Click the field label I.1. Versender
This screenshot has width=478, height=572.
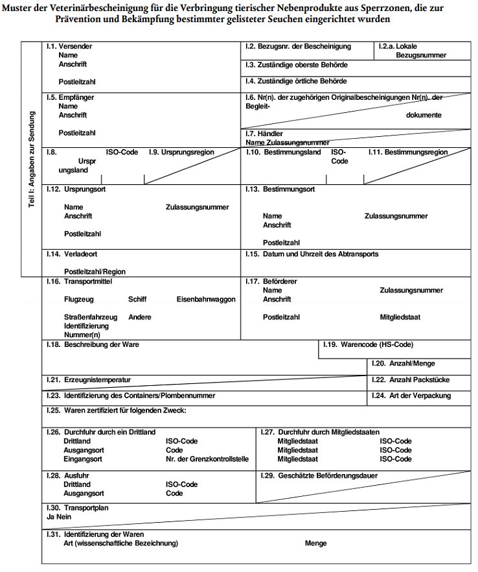click(69, 47)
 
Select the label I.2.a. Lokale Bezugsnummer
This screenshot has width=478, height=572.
click(412, 51)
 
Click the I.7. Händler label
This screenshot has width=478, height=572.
click(264, 133)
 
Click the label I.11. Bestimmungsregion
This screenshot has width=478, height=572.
click(407, 152)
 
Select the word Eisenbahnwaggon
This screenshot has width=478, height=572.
click(205, 300)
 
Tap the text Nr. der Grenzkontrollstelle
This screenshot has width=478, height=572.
click(207, 459)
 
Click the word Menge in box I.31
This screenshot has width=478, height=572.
click(316, 543)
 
